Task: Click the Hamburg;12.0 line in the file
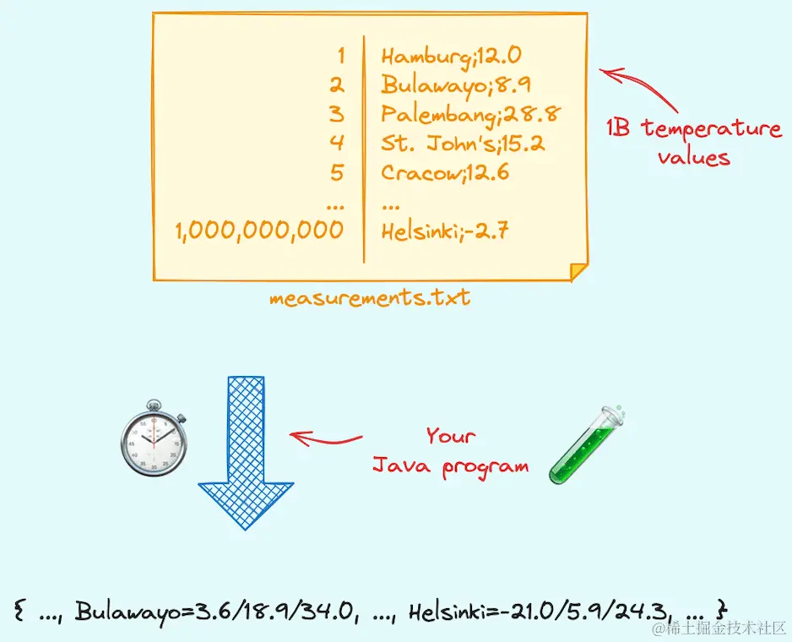[451, 57]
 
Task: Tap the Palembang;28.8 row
[471, 113]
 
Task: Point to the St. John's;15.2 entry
[463, 142]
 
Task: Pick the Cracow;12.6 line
[445, 172]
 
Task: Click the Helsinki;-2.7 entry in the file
[445, 230]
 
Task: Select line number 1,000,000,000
[259, 230]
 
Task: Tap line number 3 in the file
[337, 113]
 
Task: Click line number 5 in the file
[337, 172]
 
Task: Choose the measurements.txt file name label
[370, 298]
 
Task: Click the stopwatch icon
[154, 441]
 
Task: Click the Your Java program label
[451, 451]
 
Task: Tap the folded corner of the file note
[579, 271]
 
